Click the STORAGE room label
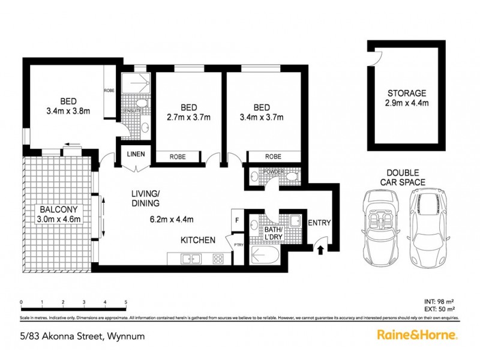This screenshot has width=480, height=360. click(x=406, y=93)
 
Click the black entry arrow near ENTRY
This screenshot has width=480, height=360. click(x=319, y=248)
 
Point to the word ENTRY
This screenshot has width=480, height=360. click(x=319, y=223)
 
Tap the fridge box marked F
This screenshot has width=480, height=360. click(x=237, y=220)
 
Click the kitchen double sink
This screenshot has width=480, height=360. click(x=191, y=259)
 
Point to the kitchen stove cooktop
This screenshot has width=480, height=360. click(x=218, y=259)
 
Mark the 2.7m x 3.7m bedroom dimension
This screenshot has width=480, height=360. click(x=188, y=117)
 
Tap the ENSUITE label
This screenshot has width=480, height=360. click(x=132, y=111)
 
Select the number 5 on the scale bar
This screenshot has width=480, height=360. click(x=125, y=302)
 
